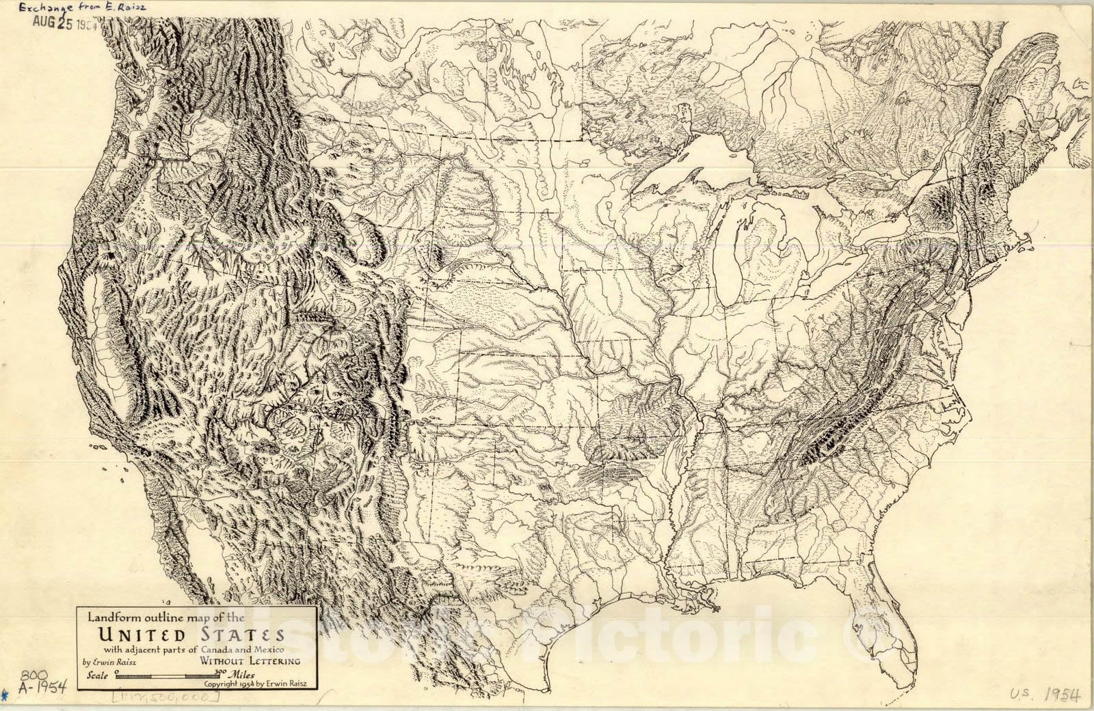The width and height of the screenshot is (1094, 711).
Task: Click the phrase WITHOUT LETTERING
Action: tap(250, 661)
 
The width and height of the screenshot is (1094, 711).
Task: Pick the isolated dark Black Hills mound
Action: tap(437, 257)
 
